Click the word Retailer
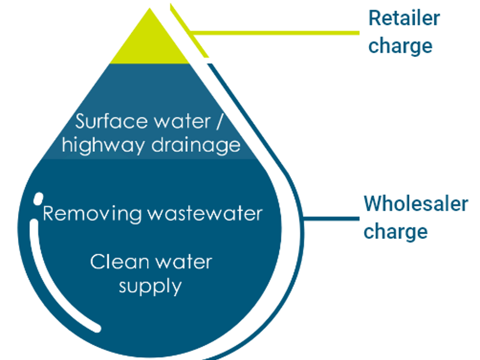coord(403,19)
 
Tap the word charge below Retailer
coord(400,46)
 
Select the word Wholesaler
coord(415,204)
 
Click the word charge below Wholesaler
coord(395,231)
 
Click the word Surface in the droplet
coord(107,121)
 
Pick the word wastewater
coord(204,214)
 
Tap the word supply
coord(150,286)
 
